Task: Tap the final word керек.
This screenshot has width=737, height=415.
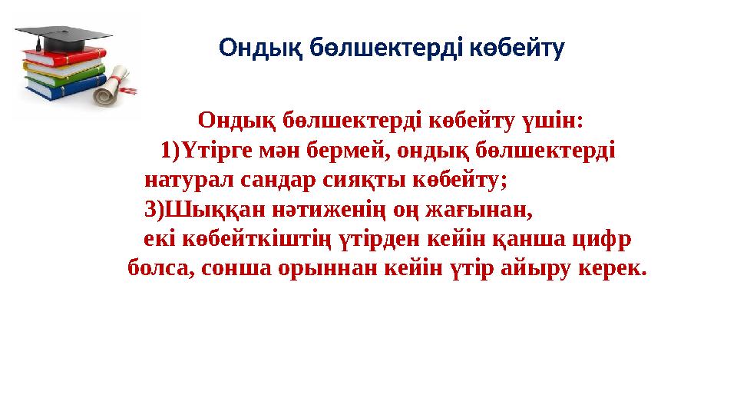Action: pos(615,269)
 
